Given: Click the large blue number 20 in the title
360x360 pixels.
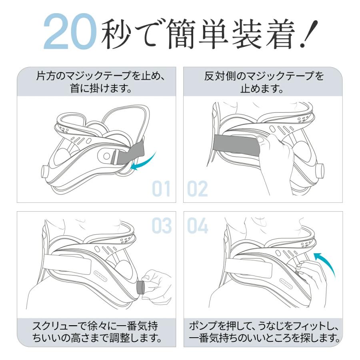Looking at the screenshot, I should (x=70, y=32).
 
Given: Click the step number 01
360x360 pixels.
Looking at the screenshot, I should (x=161, y=189).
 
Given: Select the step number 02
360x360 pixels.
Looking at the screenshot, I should (x=198, y=189).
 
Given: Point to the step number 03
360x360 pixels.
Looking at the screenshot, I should (x=161, y=226).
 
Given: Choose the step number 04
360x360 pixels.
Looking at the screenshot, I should (x=198, y=226).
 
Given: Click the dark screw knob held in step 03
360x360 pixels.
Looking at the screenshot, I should (x=141, y=287).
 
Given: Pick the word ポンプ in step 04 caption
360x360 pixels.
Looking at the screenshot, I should (x=200, y=325).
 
